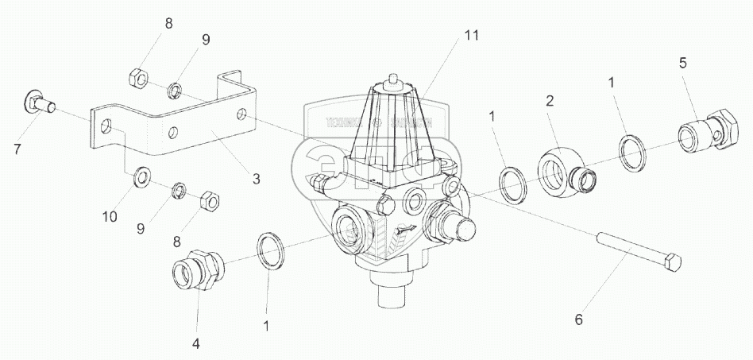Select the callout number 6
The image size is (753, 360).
578,319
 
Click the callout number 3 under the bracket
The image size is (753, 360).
256,180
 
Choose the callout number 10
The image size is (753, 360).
110,216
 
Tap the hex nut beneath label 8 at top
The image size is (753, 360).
135,78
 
